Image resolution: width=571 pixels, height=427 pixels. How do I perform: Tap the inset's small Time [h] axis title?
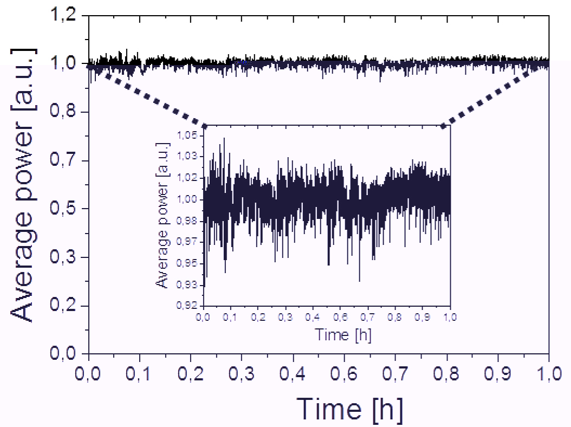pos(343,335)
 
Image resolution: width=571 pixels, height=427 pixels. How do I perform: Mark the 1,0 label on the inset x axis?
pos(449,316)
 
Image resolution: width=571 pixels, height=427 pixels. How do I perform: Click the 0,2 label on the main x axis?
pos(190,374)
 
